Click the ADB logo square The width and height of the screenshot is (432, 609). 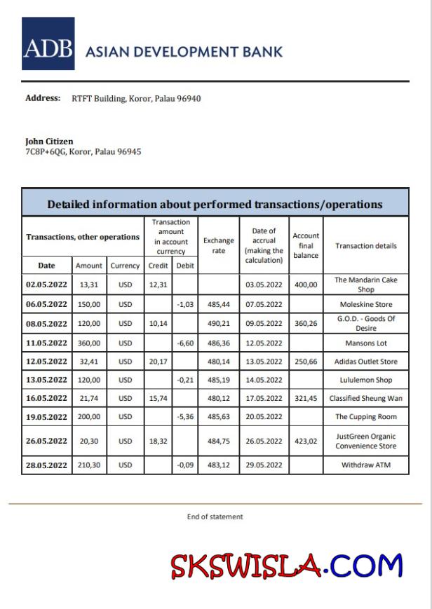pos(48,43)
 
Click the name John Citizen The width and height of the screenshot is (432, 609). pos(49,141)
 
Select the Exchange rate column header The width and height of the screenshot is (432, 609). pos(219,245)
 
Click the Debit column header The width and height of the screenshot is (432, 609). pos(185,266)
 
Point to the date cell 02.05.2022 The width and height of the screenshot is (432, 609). pos(46,285)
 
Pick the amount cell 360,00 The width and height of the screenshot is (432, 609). pos(89,343)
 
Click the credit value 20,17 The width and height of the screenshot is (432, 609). pos(158,362)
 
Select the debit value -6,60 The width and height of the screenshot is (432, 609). pos(185,343)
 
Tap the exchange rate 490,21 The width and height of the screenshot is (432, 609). pos(219,324)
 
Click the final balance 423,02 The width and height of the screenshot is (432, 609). pos(306,441)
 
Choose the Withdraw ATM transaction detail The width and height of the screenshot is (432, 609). pos(365,465)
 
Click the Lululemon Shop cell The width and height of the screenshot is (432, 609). pos(365,380)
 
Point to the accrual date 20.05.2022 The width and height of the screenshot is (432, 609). pos(264,416)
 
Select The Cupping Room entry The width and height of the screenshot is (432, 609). pos(365,416)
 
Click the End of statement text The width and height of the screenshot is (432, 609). pos(215,516)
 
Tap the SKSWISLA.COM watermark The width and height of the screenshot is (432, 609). pos(287,566)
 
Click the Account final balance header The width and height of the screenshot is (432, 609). pos(306,245)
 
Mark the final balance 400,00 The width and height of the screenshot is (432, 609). pos(306,285)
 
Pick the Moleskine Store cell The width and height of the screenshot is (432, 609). pos(365,304)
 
